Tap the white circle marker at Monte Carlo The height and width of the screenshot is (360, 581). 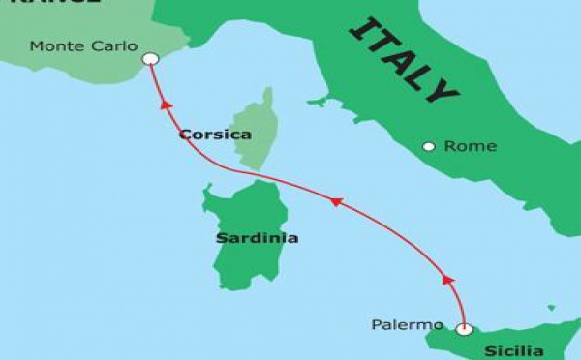point(149,60)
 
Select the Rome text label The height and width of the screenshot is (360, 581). point(470,146)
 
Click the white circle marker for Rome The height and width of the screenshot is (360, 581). point(429,147)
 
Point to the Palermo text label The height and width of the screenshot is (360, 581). point(407,324)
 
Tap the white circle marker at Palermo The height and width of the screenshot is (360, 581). point(464,330)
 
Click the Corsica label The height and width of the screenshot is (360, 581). point(215,135)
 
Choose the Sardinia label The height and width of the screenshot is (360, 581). point(257,237)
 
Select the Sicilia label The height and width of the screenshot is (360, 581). point(514,350)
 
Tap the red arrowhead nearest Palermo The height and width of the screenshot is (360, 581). point(447,280)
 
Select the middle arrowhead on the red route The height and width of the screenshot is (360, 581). point(336,201)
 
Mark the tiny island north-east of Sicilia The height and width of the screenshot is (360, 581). point(551,308)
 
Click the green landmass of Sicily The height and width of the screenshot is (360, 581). point(523,334)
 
